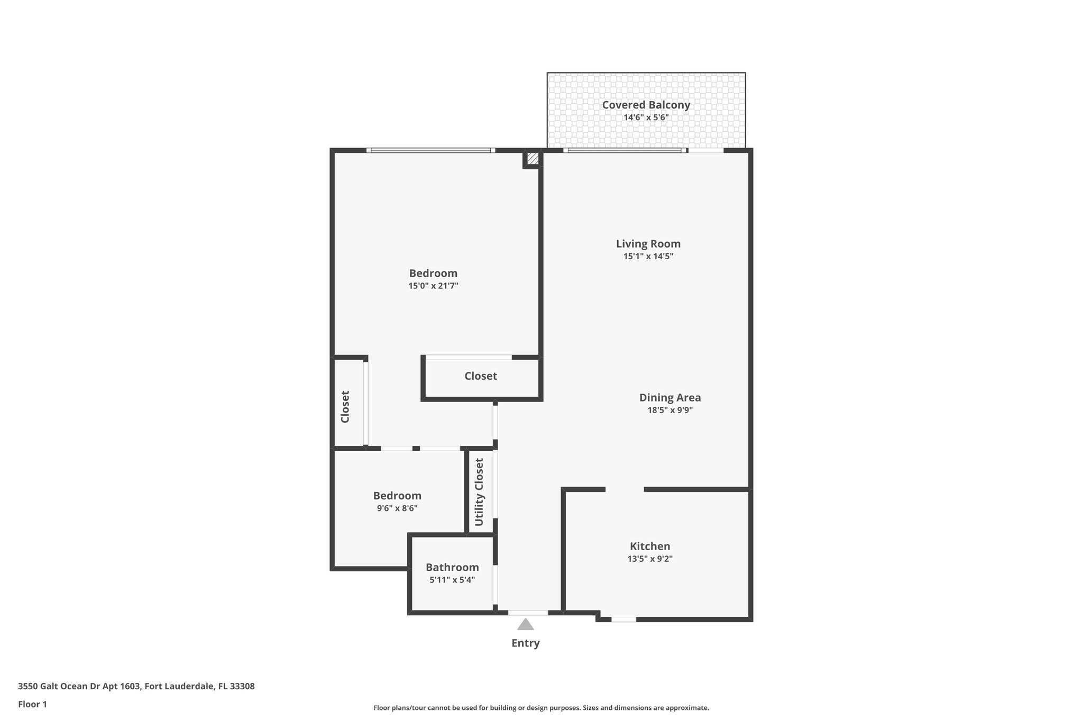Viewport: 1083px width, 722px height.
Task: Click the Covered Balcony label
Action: tap(646, 105)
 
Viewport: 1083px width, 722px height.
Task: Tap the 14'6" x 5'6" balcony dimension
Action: tap(646, 117)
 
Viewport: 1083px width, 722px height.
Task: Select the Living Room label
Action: tap(648, 244)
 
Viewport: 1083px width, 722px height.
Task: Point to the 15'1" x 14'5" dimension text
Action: tap(648, 257)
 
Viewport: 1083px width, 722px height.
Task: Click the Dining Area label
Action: tap(669, 397)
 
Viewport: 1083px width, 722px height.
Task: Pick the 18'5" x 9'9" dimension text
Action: tap(669, 410)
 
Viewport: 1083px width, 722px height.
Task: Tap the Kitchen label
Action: tap(649, 546)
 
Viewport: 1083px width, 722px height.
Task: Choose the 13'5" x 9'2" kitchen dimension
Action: tap(649, 559)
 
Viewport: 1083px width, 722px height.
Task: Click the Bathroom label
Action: tap(452, 568)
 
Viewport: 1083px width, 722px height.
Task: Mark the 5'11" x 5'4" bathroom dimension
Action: tap(452, 580)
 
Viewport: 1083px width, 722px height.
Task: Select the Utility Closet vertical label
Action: tap(479, 492)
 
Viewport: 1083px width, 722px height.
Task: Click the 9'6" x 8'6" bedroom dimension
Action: tap(397, 508)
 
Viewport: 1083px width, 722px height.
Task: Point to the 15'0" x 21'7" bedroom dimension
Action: tap(433, 286)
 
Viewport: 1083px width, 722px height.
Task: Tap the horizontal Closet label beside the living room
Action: tap(480, 376)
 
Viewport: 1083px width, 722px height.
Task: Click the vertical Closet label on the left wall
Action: tap(345, 407)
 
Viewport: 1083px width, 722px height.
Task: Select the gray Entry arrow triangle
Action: tap(525, 625)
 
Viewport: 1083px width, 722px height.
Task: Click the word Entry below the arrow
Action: tap(525, 643)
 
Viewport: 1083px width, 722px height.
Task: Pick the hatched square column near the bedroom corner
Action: tap(533, 158)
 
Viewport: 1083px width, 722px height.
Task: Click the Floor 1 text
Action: tap(32, 704)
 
